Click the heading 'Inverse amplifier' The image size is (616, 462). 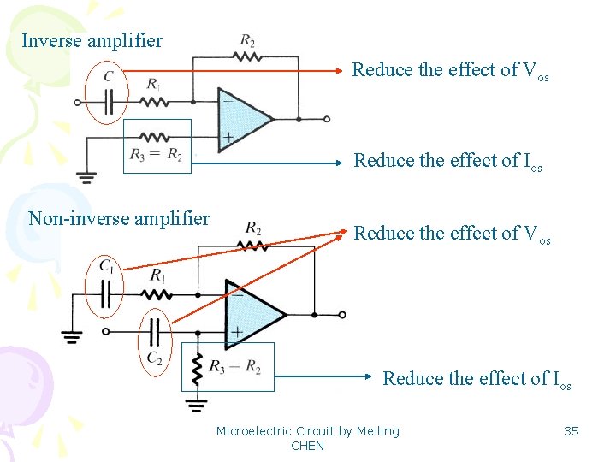pyautogui.click(x=92, y=40)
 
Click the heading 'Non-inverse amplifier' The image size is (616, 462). pyautogui.click(x=119, y=218)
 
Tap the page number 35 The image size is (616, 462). pyautogui.click(x=571, y=431)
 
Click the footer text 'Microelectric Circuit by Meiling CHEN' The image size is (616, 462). pyautogui.click(x=307, y=438)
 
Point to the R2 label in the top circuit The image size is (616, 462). pyautogui.click(x=247, y=40)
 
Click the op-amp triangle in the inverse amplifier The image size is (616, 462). pyautogui.click(x=243, y=119)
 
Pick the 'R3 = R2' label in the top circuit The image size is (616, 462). pyautogui.click(x=157, y=155)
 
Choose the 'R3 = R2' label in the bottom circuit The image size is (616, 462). pyautogui.click(x=235, y=367)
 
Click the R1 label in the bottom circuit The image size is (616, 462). pyautogui.click(x=157, y=275)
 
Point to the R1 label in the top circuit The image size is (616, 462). pyautogui.click(x=154, y=84)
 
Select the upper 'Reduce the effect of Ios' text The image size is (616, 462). pyautogui.click(x=448, y=161)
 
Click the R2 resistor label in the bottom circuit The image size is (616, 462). pyautogui.click(x=253, y=228)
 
